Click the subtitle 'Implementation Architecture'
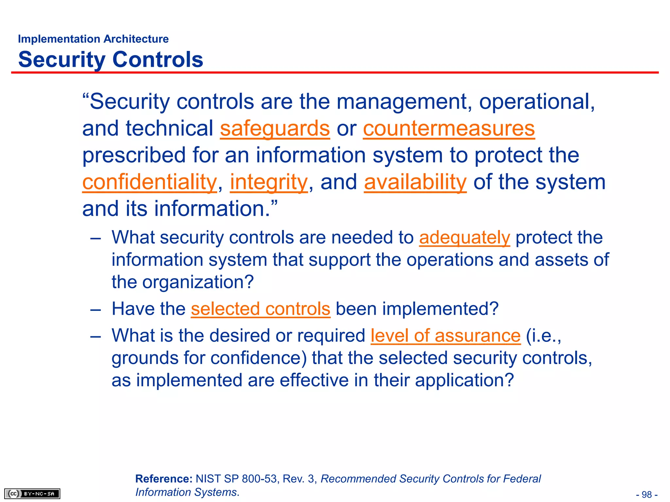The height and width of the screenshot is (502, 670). [x=93, y=39]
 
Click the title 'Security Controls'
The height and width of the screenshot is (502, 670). [x=111, y=59]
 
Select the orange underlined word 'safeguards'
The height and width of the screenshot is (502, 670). [x=275, y=128]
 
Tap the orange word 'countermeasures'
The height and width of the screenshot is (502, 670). [x=449, y=128]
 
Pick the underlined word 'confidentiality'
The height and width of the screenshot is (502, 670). [x=150, y=182]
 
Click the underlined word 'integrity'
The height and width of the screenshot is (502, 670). [x=269, y=182]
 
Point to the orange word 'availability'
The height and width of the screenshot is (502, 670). [x=415, y=182]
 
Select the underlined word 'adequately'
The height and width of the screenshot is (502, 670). [x=465, y=237]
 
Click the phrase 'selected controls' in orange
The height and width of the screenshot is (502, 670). [x=260, y=309]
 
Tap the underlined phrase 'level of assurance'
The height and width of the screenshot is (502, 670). [x=445, y=336]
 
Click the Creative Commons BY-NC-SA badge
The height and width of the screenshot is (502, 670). [x=32, y=494]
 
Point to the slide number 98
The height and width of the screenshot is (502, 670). [x=647, y=494]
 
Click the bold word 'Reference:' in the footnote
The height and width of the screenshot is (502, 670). [x=164, y=479]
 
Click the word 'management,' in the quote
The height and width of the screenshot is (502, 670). [x=404, y=102]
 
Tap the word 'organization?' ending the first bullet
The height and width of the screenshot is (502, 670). [x=198, y=282]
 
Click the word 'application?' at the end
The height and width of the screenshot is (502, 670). [x=465, y=380]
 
